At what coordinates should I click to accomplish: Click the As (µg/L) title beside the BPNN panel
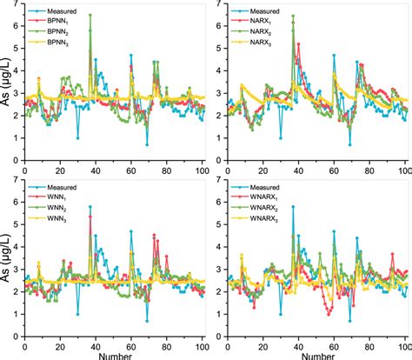(x=7, y=83)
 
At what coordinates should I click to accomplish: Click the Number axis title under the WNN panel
(x=114, y=354)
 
